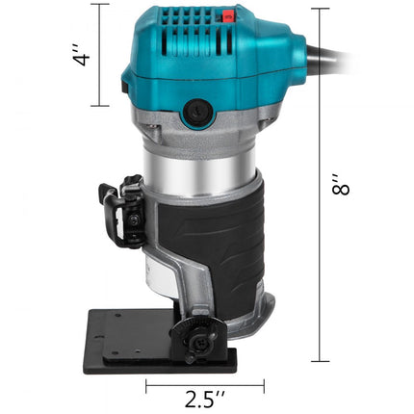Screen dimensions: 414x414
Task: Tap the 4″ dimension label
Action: coord(85,54)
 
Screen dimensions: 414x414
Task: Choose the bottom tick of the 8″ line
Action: coord(315,361)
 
